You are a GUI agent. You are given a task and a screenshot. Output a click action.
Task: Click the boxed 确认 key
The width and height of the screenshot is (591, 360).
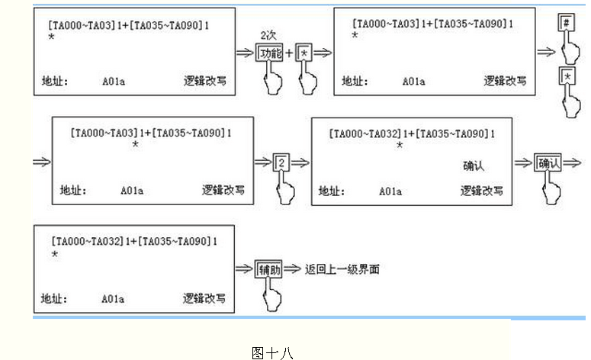click(x=548, y=162)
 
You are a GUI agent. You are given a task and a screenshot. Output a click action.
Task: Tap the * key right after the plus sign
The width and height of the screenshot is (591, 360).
click(x=305, y=53)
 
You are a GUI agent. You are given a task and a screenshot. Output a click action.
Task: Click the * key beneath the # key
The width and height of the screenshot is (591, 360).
click(x=566, y=77)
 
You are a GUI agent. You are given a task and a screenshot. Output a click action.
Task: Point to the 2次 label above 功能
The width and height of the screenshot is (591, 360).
click(x=268, y=35)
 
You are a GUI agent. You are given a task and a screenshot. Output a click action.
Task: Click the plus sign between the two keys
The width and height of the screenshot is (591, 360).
click(x=289, y=53)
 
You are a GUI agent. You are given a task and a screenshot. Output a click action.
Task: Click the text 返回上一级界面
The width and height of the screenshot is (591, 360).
click(x=342, y=269)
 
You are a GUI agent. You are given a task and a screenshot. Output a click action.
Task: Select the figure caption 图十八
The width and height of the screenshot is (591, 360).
click(x=271, y=352)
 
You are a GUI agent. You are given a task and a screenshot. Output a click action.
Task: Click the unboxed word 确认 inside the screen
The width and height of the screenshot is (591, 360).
click(x=474, y=166)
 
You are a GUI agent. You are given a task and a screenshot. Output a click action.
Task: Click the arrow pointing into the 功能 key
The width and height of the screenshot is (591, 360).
click(x=245, y=53)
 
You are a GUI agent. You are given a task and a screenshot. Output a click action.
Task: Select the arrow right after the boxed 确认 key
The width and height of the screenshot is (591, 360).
click(x=573, y=162)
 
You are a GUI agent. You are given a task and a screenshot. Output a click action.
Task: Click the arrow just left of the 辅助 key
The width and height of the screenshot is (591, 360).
click(x=245, y=269)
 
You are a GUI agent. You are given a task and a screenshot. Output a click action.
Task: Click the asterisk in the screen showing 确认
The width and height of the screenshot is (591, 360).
click(x=400, y=144)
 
